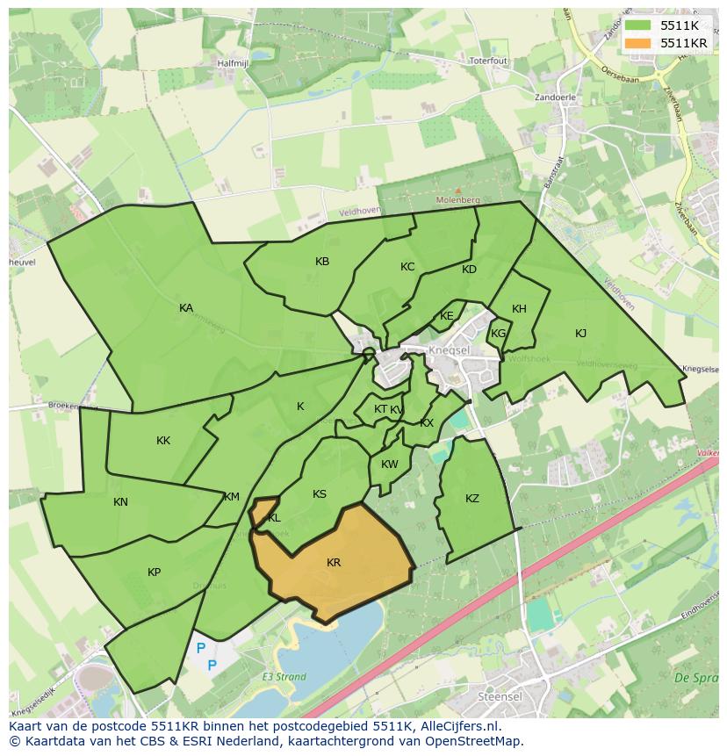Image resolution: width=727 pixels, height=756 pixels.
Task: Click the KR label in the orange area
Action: point(334,563)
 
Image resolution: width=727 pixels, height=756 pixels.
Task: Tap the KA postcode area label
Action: point(186,308)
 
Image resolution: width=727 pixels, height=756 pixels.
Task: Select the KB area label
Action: point(322,262)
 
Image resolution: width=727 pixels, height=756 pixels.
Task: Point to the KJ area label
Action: point(580,334)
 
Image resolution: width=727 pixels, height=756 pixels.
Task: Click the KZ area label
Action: point(472,499)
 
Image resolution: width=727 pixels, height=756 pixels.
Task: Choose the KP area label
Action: point(154,572)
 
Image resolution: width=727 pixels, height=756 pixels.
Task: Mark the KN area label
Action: point(120,502)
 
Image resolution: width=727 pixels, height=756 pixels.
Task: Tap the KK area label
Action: point(163,441)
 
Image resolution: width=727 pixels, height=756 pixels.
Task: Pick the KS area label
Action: point(320,494)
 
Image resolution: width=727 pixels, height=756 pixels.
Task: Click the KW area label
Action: point(390,464)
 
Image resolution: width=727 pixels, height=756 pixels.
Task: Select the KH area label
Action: point(519,309)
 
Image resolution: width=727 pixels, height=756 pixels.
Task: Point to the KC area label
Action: point(407,267)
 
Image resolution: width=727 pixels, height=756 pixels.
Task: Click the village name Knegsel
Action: point(451,349)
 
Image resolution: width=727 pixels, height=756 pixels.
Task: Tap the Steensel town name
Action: point(499,696)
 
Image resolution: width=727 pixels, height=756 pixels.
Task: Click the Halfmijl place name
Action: point(235,63)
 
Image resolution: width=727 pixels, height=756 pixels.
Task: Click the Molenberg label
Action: point(457,200)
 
